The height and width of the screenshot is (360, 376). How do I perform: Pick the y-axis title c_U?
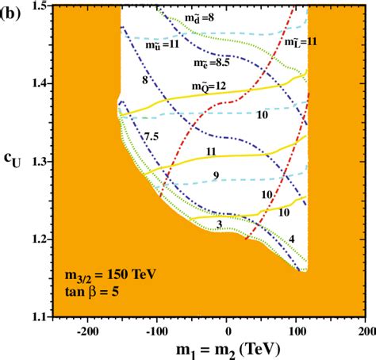(10, 163)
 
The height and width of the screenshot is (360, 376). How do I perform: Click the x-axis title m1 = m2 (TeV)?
(228, 348)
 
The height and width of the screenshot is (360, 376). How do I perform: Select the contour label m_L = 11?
(301, 41)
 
